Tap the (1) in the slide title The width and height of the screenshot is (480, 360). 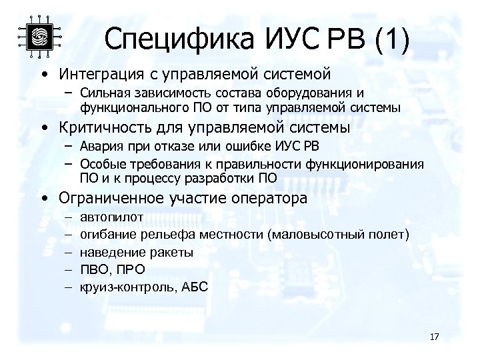click(391, 39)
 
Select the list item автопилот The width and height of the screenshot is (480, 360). click(111, 217)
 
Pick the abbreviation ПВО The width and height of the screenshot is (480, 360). click(94, 269)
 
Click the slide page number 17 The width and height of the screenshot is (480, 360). click(435, 336)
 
